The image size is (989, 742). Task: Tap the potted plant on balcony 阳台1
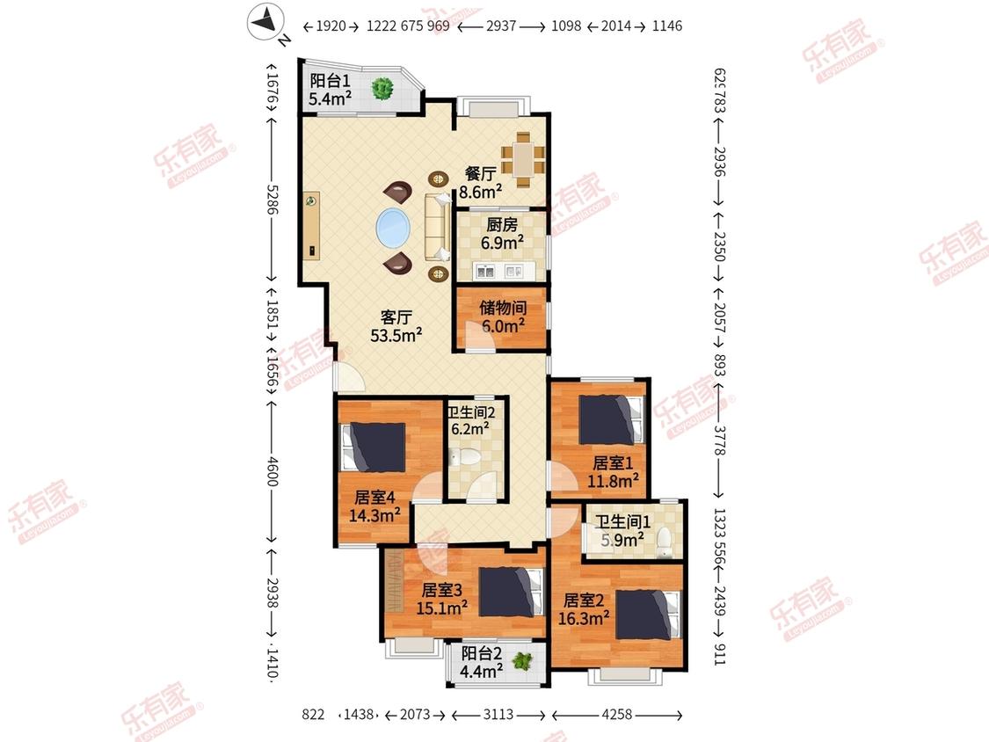pos(382,88)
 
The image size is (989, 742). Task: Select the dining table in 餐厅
pos(523,160)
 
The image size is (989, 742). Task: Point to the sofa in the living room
pos(436,227)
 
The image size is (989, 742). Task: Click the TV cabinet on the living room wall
pos(311,225)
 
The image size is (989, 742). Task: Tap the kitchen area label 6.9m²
pos(502,243)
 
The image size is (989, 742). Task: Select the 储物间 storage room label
pos(503,308)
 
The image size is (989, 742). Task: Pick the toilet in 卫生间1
pos(664,542)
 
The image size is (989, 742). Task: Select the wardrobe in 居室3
pos(395,581)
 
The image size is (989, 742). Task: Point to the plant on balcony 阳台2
pos(521,661)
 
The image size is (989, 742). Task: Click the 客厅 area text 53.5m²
pos(396,335)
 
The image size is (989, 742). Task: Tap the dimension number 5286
pos(272,199)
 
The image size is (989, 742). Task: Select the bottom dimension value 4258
pos(617,714)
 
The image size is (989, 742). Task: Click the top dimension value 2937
pos(501,25)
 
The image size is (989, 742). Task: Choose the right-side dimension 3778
pos(720,440)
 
